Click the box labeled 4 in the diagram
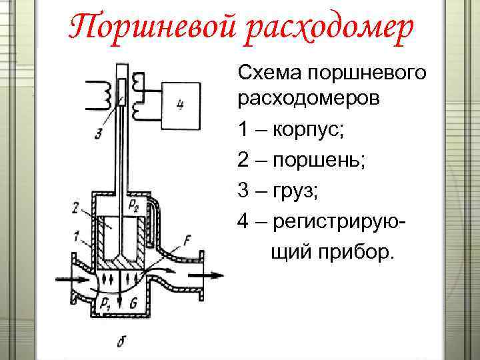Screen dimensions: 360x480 tap(179, 105)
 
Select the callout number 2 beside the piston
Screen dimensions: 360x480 tap(75, 209)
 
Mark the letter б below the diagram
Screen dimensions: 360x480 tap(121, 341)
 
